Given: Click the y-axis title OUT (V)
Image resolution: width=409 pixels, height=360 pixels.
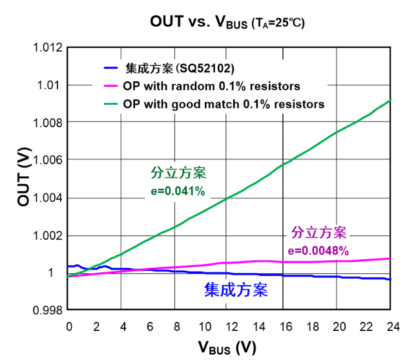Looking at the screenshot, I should [24, 178].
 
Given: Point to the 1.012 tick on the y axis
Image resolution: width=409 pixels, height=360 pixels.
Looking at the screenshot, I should [48, 48].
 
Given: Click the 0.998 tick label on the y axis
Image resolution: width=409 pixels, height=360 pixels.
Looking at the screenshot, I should [48, 310].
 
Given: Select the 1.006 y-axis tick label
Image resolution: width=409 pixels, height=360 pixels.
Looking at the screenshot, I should [48, 160].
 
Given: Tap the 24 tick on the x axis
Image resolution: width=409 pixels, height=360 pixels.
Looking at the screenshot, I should [391, 326].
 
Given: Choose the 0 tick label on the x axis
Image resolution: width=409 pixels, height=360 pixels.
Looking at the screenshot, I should [69, 326].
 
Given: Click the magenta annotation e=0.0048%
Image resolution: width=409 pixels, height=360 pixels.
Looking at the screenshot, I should [319, 250].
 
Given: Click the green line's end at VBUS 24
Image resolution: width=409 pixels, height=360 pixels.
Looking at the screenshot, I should [390, 101].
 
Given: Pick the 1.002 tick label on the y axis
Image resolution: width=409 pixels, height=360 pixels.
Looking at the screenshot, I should [48, 235].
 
